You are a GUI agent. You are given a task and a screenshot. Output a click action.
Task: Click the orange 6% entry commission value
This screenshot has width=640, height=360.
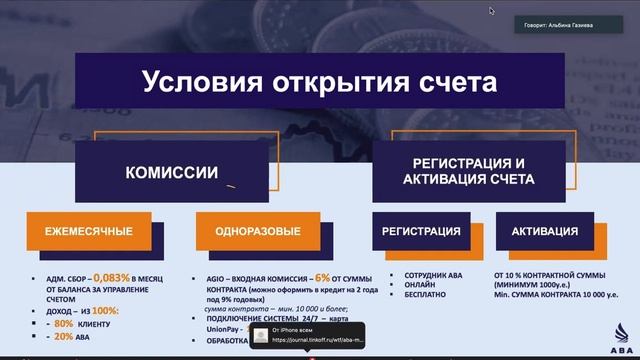point(322,276)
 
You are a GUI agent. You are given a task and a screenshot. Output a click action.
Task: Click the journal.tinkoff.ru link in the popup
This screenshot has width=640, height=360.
point(318,340)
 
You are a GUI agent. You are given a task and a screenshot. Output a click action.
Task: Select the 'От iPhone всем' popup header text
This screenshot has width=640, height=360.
point(295,329)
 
